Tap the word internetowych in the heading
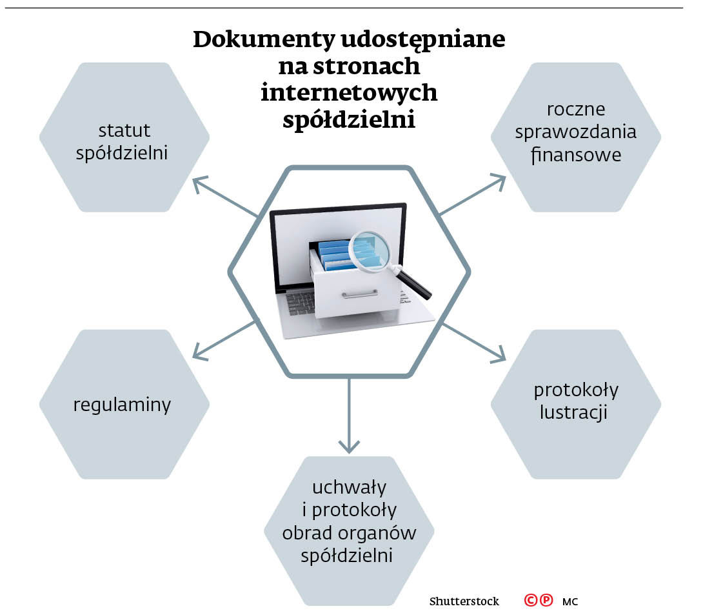[349, 92]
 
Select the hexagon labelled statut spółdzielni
[124, 137]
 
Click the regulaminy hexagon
[124, 405]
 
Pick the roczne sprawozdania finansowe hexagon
[576, 137]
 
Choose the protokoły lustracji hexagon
[576, 405]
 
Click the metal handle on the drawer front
[360, 294]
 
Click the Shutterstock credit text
[464, 601]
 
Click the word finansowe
[576, 156]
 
